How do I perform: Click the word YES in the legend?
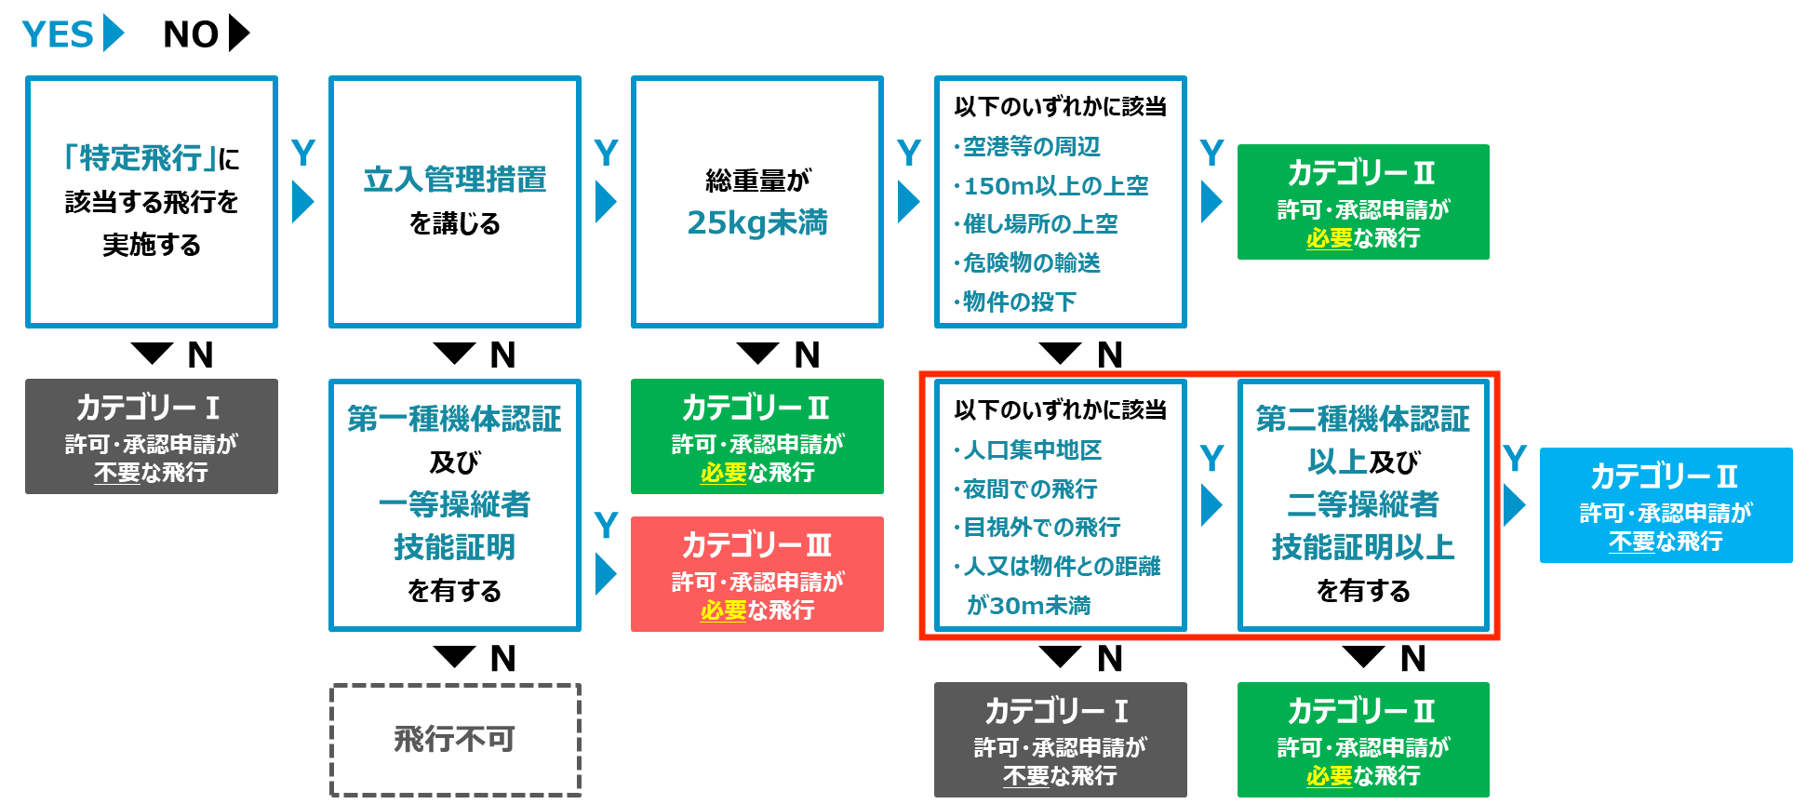click(58, 34)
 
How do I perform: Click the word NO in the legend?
click(191, 34)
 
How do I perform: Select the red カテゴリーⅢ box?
click(757, 574)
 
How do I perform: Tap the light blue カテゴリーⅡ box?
click(1666, 505)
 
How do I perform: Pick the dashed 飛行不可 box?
click(455, 740)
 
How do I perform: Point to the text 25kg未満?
click(757, 223)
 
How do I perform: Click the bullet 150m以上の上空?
click(1051, 186)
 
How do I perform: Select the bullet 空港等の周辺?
click(1027, 147)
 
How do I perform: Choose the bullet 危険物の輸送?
click(1027, 263)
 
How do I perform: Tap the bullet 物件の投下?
click(1015, 301)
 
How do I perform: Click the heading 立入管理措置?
click(455, 179)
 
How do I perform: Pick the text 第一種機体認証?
click(455, 419)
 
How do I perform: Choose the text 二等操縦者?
click(1363, 504)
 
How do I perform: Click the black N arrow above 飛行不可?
click(454, 657)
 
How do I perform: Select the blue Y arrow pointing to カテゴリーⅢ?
click(606, 574)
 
